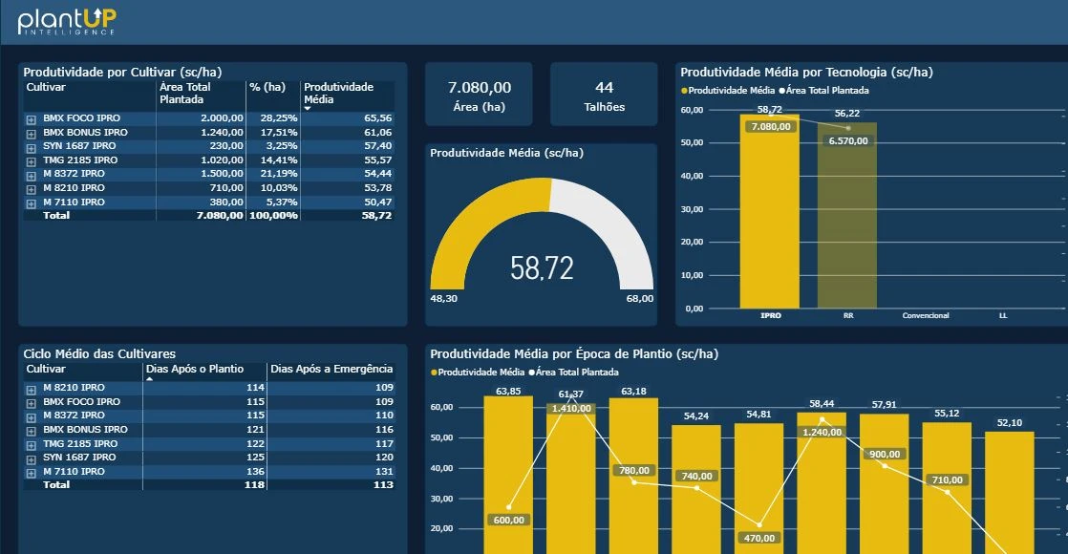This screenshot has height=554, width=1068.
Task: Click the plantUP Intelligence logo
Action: click(67, 20)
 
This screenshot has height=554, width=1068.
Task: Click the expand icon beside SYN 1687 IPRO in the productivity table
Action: click(31, 147)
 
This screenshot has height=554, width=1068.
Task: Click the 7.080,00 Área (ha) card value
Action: click(479, 88)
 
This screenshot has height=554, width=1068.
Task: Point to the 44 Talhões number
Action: click(604, 88)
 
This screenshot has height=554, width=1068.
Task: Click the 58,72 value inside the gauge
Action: click(542, 268)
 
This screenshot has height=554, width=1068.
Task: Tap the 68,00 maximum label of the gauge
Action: click(639, 299)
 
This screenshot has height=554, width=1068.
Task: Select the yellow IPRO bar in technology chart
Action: click(769, 220)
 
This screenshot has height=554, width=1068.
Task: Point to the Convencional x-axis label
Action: click(926, 315)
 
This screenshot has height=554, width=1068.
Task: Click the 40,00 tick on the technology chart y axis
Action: click(692, 176)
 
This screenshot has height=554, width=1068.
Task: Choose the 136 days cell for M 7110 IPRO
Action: click(255, 472)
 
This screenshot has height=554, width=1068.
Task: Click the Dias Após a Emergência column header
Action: click(331, 369)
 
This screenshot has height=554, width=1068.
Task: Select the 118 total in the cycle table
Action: click(254, 485)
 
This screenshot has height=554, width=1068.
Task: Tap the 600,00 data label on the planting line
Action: click(509, 521)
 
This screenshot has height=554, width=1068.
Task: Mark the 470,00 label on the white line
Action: click(759, 538)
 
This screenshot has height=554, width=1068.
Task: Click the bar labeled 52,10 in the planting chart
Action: click(1009, 487)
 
